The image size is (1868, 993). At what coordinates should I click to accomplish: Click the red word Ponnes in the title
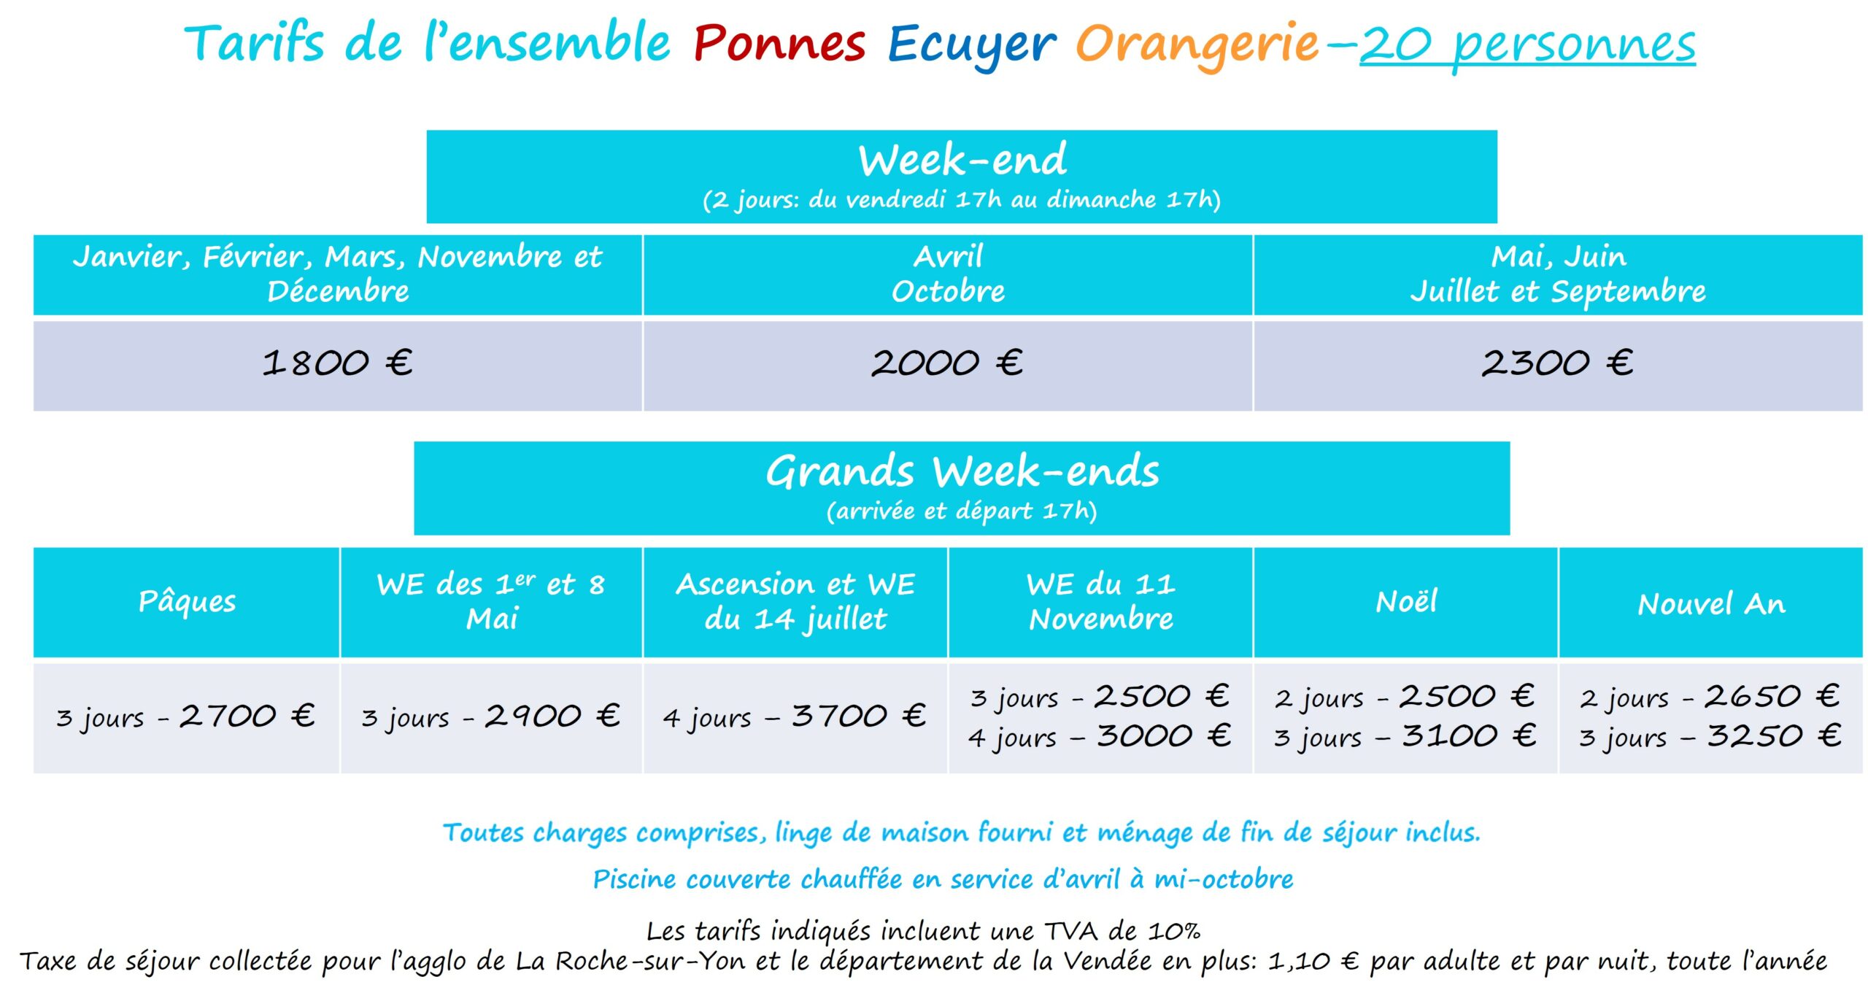click(779, 44)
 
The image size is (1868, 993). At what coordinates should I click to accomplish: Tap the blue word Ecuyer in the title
click(970, 45)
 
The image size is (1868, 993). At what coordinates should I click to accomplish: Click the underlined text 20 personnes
click(1527, 45)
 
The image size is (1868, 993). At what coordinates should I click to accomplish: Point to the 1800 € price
click(337, 363)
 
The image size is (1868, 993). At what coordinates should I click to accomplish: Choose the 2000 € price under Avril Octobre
click(947, 363)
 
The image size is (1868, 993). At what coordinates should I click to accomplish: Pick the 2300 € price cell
click(1557, 363)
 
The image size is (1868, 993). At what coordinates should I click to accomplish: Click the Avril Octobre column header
click(947, 274)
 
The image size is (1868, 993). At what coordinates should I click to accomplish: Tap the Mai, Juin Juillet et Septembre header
click(1557, 274)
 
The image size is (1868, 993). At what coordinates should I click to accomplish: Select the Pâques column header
click(187, 602)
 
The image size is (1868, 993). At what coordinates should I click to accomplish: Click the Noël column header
click(1406, 602)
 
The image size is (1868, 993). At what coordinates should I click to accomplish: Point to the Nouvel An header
click(1711, 604)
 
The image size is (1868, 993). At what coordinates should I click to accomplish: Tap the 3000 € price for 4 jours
click(1164, 735)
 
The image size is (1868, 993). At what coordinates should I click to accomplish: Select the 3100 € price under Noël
click(1469, 735)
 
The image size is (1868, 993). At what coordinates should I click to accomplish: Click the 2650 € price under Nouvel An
click(1772, 696)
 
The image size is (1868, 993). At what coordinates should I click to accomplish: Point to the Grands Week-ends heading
click(962, 471)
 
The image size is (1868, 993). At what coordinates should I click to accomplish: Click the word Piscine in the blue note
click(633, 879)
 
